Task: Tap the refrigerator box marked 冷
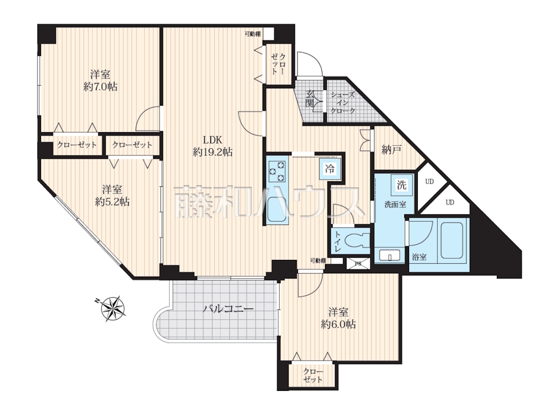click(x=330, y=169)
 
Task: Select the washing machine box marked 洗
click(x=401, y=185)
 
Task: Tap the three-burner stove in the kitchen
click(x=277, y=172)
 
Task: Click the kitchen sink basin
click(x=276, y=209)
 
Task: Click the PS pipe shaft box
click(x=358, y=264)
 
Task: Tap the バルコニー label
click(x=228, y=309)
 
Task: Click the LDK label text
click(x=213, y=140)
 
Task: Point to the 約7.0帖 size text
click(x=100, y=87)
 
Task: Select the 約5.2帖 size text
click(x=112, y=202)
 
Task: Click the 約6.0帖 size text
click(x=338, y=324)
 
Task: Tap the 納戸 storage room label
click(x=392, y=149)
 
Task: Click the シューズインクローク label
click(x=343, y=103)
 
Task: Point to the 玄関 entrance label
click(x=310, y=99)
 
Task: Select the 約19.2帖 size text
click(x=213, y=152)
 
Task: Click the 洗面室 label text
click(x=395, y=204)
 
